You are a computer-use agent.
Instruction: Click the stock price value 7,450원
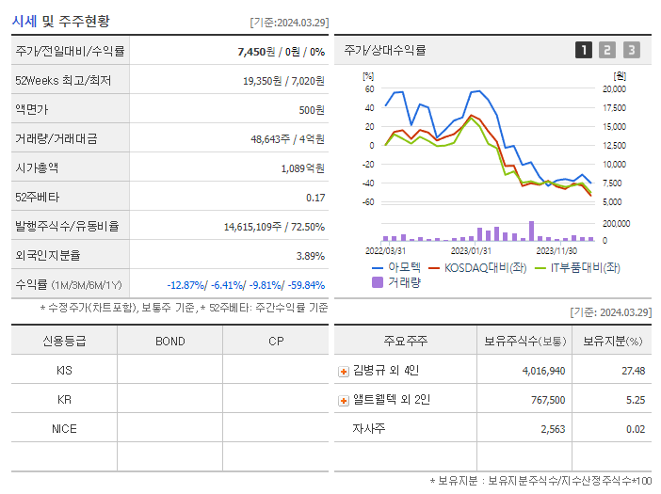click(x=259, y=51)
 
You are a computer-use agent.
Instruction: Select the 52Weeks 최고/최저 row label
click(x=63, y=81)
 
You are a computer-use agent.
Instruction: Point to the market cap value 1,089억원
click(x=302, y=168)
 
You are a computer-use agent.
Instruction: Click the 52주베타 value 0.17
click(x=315, y=198)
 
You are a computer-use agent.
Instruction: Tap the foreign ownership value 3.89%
click(x=311, y=256)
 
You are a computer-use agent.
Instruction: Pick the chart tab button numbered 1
click(x=584, y=50)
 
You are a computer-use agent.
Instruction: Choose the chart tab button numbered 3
click(x=631, y=50)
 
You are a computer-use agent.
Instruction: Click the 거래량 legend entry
click(x=397, y=281)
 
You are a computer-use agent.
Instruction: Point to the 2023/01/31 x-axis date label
click(x=471, y=250)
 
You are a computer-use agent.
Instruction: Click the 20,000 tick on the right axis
click(x=614, y=89)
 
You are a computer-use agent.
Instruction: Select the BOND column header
click(x=170, y=341)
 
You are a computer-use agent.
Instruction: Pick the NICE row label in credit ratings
click(x=64, y=428)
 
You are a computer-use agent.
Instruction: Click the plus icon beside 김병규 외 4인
click(x=344, y=372)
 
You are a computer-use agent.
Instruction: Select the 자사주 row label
click(x=368, y=429)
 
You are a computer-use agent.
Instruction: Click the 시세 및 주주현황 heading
click(x=61, y=21)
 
